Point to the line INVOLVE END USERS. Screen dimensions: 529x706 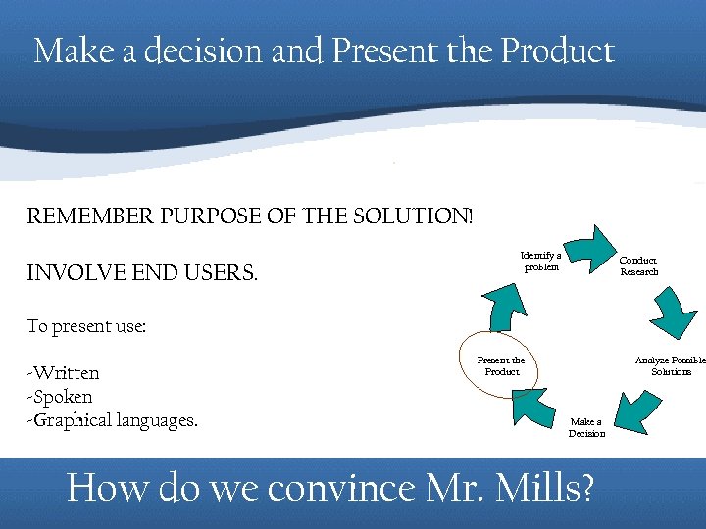(x=142, y=272)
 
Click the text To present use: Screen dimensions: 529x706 (x=86, y=327)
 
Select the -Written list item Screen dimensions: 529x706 (x=64, y=373)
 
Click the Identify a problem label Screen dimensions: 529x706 (x=540, y=261)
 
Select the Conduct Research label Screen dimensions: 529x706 (x=638, y=266)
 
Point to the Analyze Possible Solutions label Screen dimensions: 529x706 (x=671, y=365)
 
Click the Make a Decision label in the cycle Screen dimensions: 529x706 (x=586, y=428)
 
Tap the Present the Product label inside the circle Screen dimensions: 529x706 (x=501, y=365)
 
